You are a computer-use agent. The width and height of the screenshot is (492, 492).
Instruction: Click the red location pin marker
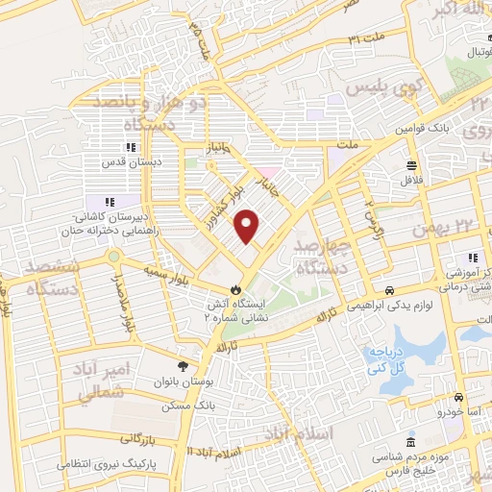tap(249, 226)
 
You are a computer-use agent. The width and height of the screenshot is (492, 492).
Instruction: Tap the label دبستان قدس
tap(129, 162)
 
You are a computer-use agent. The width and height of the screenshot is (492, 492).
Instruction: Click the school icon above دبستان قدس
tap(129, 147)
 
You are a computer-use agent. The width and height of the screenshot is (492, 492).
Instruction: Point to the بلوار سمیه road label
tap(156, 257)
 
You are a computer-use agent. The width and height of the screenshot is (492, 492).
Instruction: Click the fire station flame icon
tap(234, 289)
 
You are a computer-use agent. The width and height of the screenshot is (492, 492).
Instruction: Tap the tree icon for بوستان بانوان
tap(183, 365)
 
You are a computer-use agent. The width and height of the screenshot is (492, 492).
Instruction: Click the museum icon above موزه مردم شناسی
tap(411, 444)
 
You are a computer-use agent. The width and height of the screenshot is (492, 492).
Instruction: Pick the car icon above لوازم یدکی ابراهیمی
tap(389, 289)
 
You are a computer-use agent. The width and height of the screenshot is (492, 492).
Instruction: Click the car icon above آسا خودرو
tap(458, 397)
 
